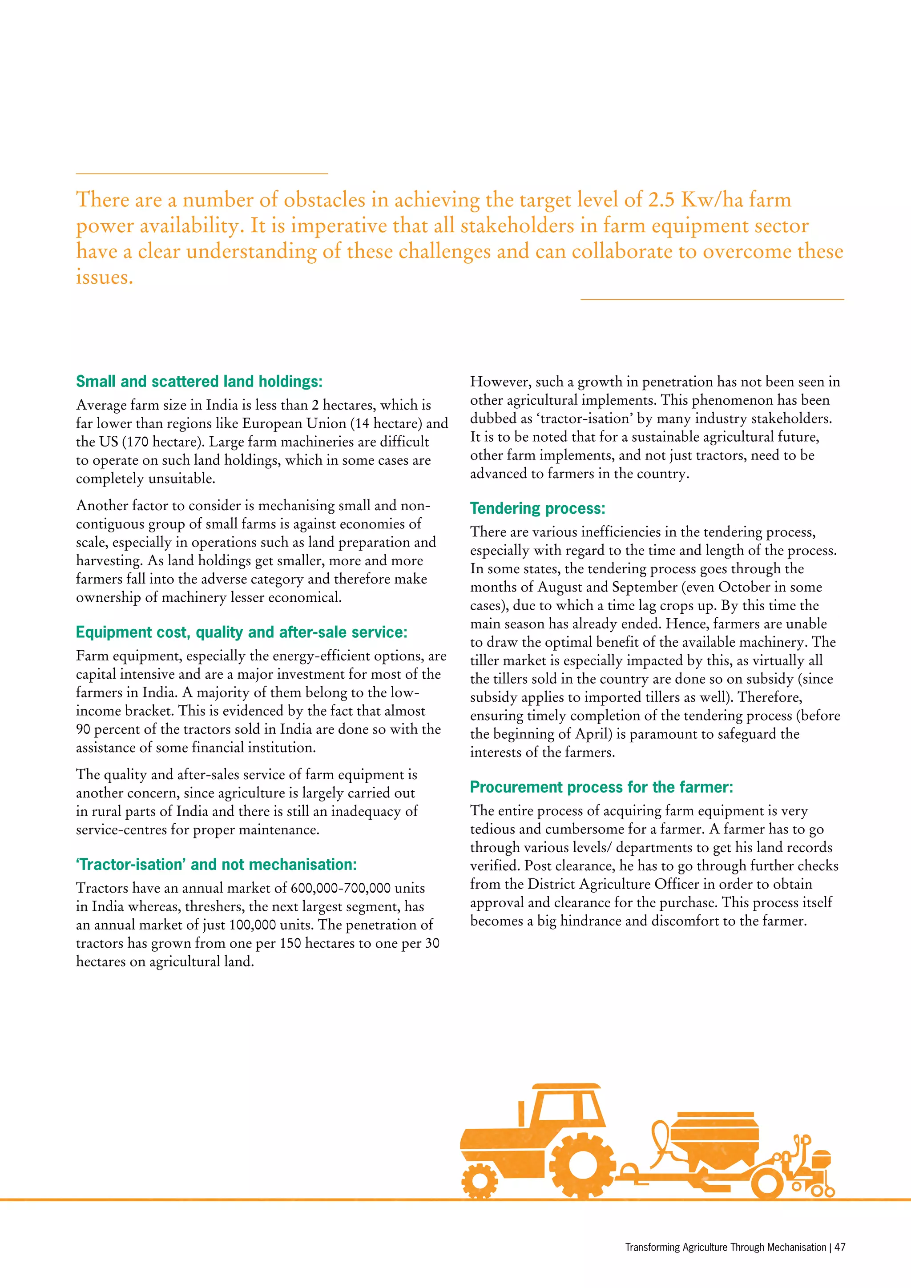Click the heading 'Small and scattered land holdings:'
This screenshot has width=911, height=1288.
click(199, 382)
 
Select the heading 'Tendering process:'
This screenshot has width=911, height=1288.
click(537, 508)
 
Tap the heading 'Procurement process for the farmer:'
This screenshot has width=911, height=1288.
click(601, 787)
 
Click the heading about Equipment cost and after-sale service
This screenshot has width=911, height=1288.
click(241, 632)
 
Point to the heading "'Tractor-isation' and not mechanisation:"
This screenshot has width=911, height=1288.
click(216, 865)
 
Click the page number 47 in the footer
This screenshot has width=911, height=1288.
click(840, 1247)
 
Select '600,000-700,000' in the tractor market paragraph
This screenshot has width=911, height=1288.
click(340, 888)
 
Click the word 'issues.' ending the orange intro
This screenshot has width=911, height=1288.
click(105, 277)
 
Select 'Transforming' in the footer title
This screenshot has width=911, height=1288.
click(649, 1247)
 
